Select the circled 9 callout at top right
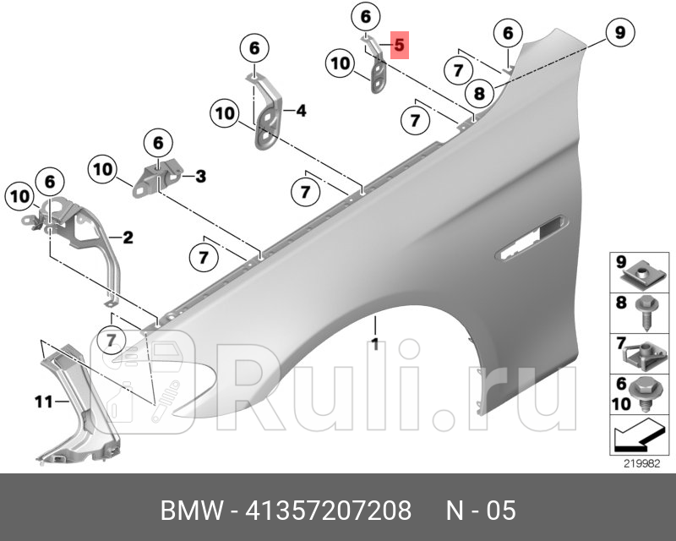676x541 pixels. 619,34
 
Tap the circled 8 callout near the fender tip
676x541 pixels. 479,93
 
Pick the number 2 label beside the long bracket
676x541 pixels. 128,238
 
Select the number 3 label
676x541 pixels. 200,176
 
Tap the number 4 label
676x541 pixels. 301,111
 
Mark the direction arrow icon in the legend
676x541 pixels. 635,438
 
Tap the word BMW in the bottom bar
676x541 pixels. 188,511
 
